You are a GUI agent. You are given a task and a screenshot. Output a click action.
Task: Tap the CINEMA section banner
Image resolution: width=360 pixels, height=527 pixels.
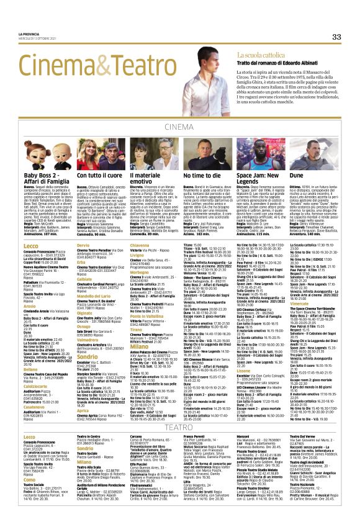[180, 127]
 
